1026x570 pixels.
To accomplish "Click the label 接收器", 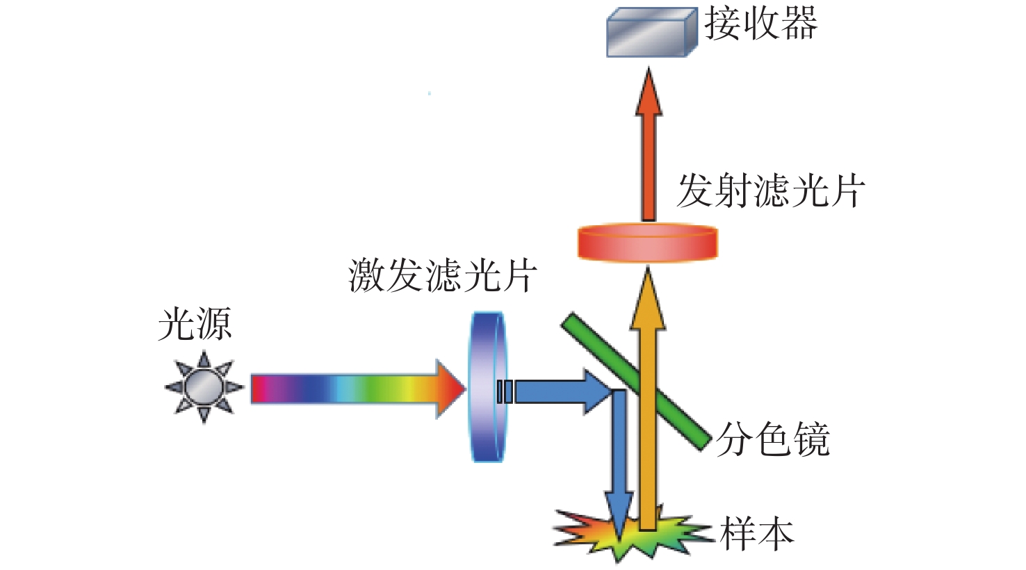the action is click(x=760, y=24).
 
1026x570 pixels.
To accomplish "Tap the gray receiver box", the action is click(x=652, y=32).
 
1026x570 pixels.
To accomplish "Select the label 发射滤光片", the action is click(x=770, y=190).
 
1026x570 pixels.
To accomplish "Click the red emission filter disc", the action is click(x=648, y=243).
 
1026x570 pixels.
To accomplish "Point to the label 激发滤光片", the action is click(x=443, y=275).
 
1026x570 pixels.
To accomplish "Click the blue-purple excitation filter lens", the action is click(x=488, y=386).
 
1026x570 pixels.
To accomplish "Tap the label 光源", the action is click(x=195, y=325).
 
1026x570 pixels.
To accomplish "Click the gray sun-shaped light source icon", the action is click(x=204, y=388).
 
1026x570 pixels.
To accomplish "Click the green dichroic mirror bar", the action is click(x=637, y=381).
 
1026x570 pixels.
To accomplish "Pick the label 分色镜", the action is click(x=773, y=439).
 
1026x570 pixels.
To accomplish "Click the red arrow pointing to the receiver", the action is click(x=649, y=145).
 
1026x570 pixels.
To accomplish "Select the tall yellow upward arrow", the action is click(x=648, y=398).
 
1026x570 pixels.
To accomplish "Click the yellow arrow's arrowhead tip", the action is click(x=648, y=267).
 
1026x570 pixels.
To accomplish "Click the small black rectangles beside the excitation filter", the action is click(x=505, y=392).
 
